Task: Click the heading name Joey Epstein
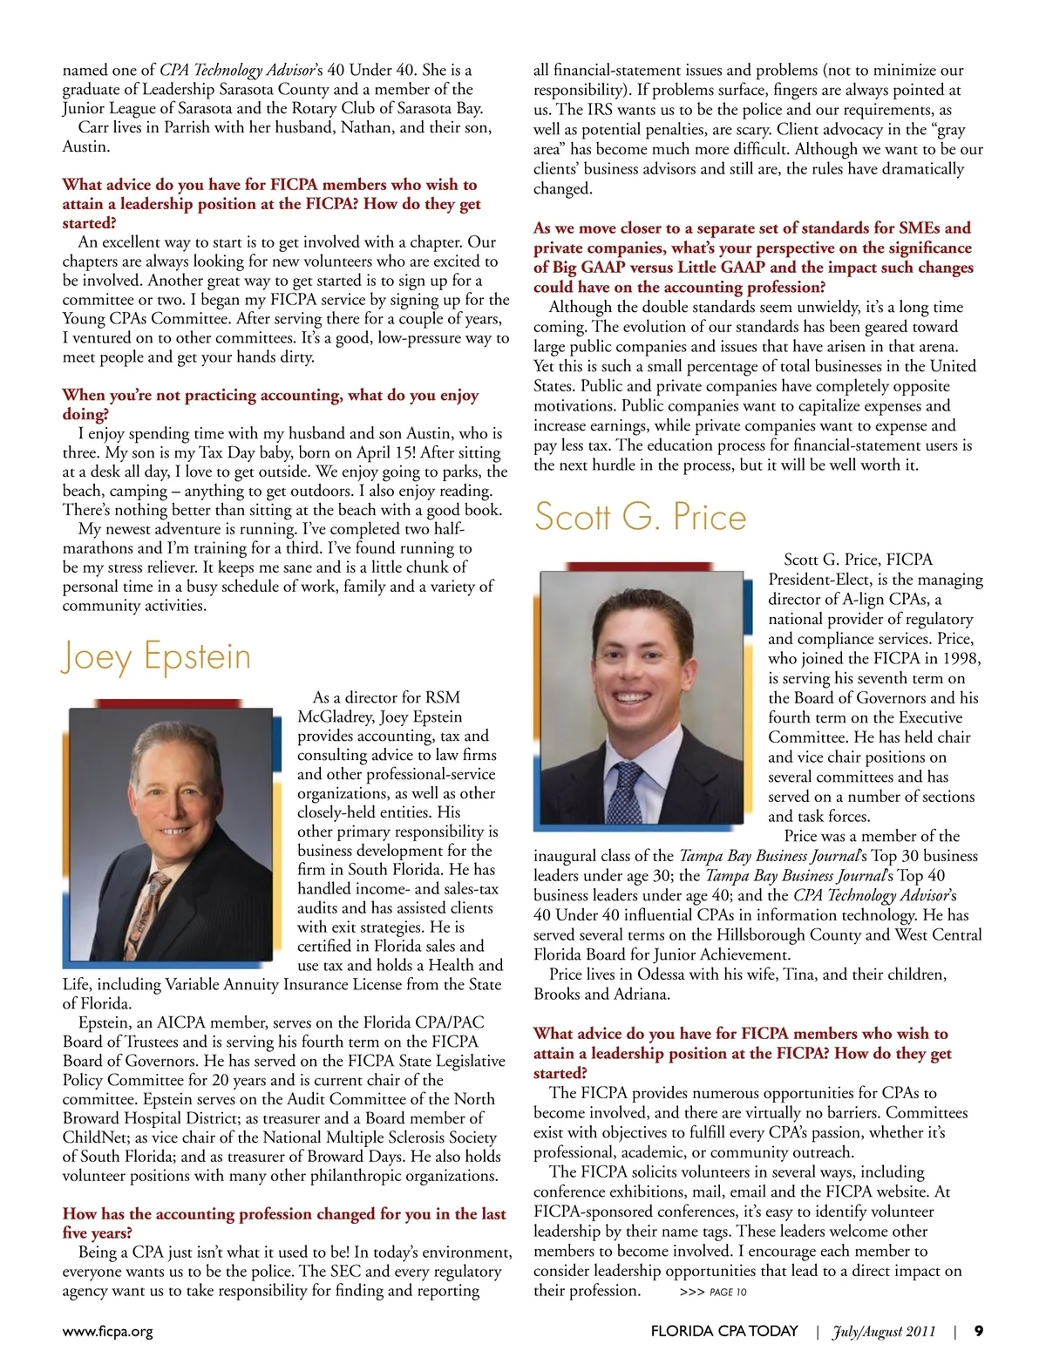pyautogui.click(x=157, y=657)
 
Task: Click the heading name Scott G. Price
pyautogui.click(x=641, y=517)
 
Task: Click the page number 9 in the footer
pyautogui.click(x=979, y=1331)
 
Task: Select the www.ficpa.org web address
pyautogui.click(x=107, y=1332)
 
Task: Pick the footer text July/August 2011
pyautogui.click(x=884, y=1331)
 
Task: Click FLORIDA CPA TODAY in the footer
pyautogui.click(x=724, y=1331)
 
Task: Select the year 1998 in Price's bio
pyautogui.click(x=961, y=659)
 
